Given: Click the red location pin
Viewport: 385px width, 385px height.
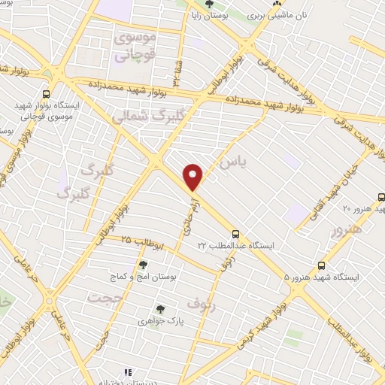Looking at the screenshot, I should click(x=193, y=177).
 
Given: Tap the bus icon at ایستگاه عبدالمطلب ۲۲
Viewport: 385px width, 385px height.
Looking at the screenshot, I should click(x=235, y=234).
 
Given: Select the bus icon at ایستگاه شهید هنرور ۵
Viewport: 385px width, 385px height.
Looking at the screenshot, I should click(x=322, y=265).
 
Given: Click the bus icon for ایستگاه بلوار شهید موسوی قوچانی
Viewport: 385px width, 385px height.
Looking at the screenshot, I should click(x=47, y=95).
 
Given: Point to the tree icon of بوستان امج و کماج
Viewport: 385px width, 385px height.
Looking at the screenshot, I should click(x=143, y=265).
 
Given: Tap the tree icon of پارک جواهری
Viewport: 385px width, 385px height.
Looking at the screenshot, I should click(x=159, y=308).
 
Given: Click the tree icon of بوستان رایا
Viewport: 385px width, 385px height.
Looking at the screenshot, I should click(x=219, y=5).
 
